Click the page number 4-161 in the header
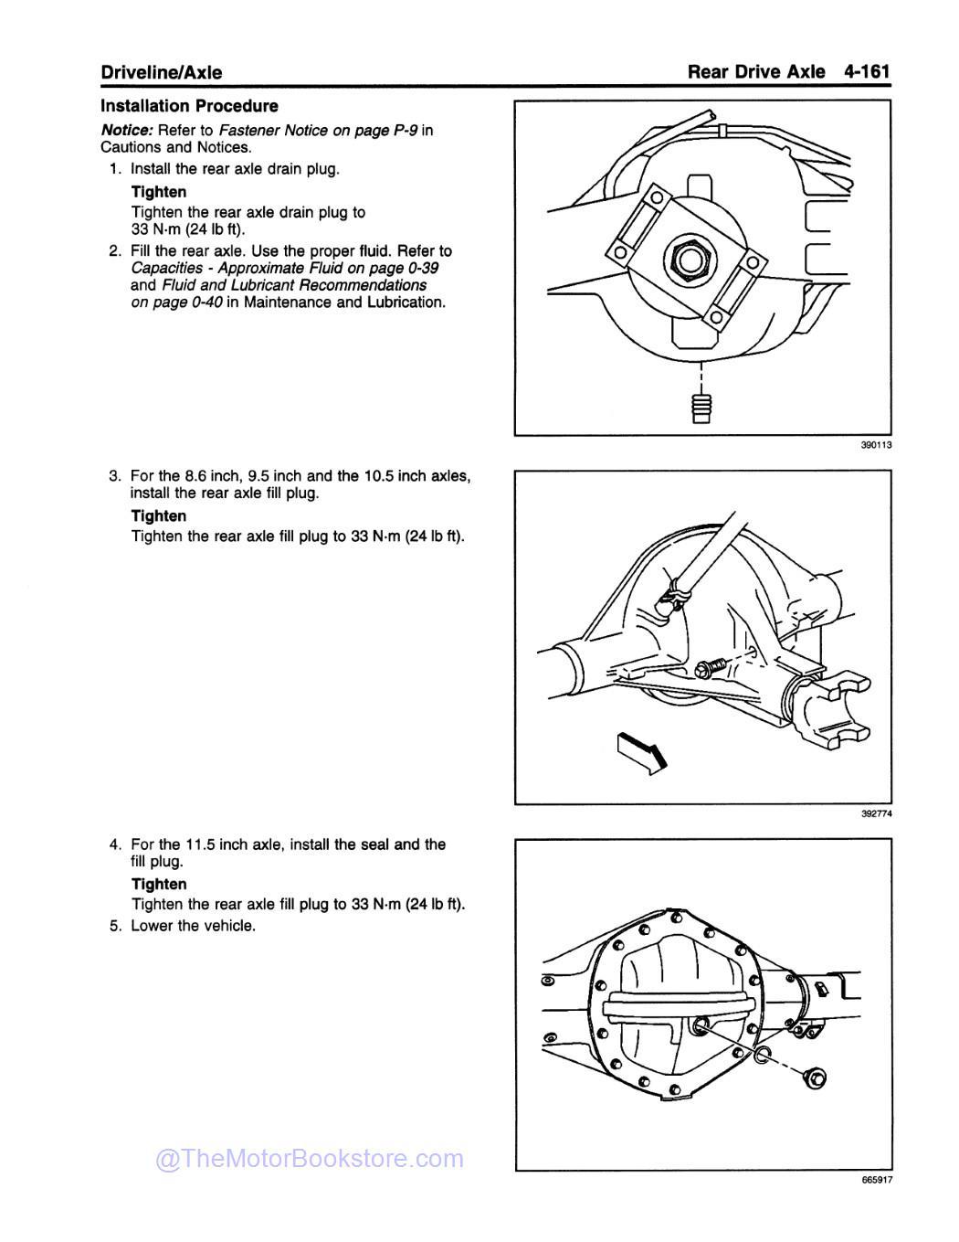[x=867, y=70]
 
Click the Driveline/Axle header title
[x=161, y=72]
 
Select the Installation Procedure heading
[x=189, y=106]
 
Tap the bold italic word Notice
[x=125, y=130]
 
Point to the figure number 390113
[x=875, y=445]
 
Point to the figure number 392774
[x=875, y=814]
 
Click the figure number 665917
[x=875, y=1180]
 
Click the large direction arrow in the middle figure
[x=643, y=750]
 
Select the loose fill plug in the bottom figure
[x=816, y=1078]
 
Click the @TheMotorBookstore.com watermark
[x=311, y=1159]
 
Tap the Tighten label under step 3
[x=159, y=516]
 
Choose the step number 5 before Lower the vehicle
[x=114, y=926]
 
